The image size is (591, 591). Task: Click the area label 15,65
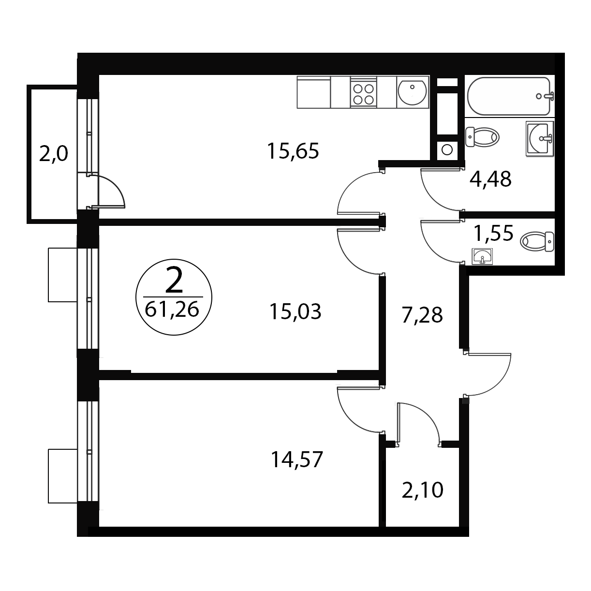(x=293, y=151)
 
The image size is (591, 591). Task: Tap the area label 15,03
(x=295, y=311)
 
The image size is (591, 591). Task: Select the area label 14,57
(x=297, y=459)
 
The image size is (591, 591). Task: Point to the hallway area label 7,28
(x=422, y=315)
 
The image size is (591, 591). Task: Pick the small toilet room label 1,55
(x=493, y=233)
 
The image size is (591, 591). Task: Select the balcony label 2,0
(x=53, y=154)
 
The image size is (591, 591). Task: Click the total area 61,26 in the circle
(x=172, y=310)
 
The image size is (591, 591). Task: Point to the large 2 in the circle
(x=174, y=281)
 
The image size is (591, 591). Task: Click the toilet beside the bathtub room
(x=482, y=137)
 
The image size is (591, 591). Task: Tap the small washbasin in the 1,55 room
(x=482, y=256)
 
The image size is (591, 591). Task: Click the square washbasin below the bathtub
(x=540, y=139)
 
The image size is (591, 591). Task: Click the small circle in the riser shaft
(x=447, y=150)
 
